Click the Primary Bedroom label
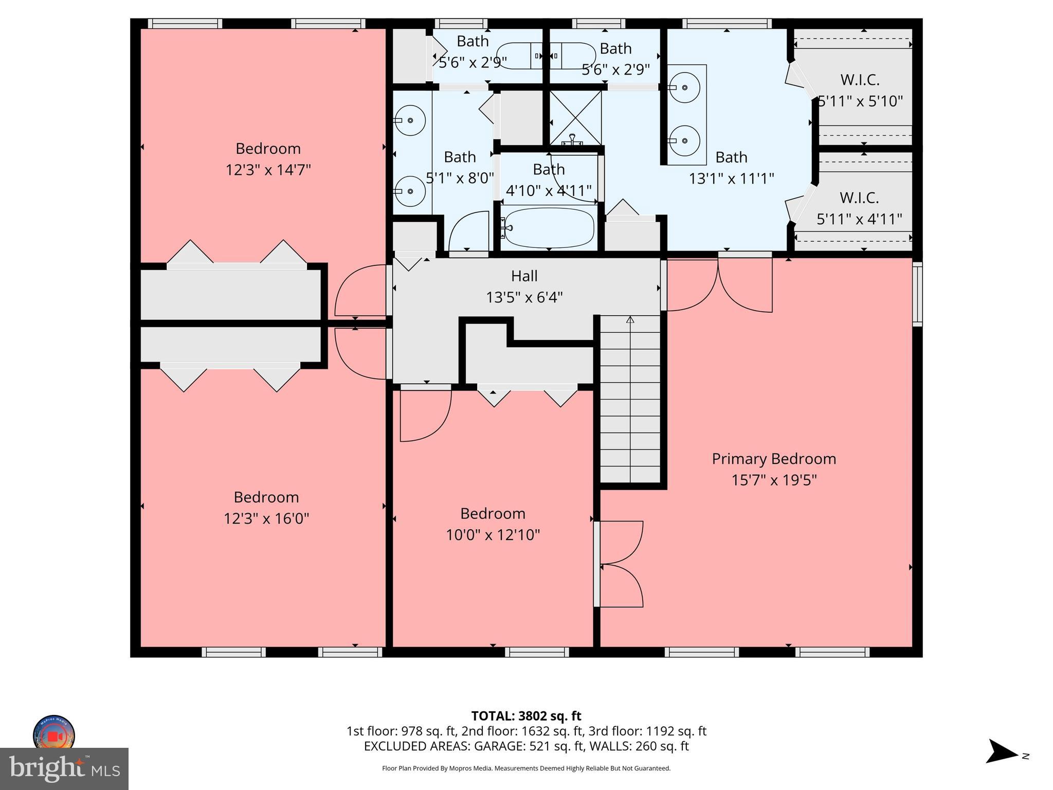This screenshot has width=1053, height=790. point(773,459)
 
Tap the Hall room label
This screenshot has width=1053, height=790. point(524,276)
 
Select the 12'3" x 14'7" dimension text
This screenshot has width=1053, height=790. point(268,170)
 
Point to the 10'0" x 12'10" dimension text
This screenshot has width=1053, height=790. point(493,535)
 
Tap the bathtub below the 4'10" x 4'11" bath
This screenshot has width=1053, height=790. point(549,228)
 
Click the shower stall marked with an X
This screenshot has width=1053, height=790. point(575,118)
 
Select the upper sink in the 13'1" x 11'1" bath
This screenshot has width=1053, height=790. point(684,88)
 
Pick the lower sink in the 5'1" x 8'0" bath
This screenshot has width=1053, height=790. point(410,191)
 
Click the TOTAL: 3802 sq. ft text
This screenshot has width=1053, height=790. point(526,716)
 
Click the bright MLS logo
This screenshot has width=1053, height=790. point(64,769)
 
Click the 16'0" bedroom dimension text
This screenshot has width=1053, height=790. point(266,518)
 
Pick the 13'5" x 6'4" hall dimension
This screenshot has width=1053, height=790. point(524,297)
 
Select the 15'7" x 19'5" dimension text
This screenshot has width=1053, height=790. point(774,480)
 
